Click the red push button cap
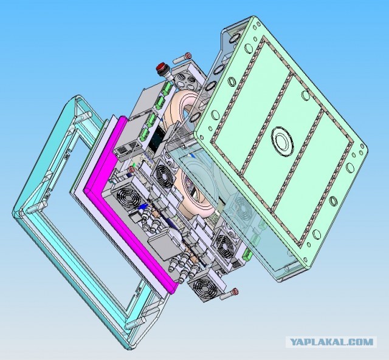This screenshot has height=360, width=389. click(x=162, y=67)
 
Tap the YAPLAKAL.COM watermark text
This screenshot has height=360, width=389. click(x=331, y=342)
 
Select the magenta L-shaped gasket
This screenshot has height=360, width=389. click(x=127, y=203)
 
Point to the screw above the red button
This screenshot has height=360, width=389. click(x=182, y=58)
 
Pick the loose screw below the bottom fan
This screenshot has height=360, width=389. click(x=229, y=294)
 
